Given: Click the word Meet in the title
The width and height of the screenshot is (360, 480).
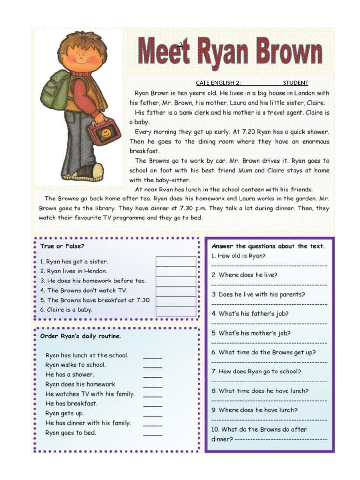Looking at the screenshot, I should (165, 51).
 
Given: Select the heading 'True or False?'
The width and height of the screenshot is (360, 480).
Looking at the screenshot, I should (62, 246).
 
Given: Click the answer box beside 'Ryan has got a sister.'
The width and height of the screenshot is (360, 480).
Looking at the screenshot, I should (176, 261).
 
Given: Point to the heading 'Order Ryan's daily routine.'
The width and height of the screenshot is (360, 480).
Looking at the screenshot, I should (81, 336).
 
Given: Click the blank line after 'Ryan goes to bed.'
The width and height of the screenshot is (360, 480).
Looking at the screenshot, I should (153, 434).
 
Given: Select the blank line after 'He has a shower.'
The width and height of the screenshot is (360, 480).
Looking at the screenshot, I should (153, 375).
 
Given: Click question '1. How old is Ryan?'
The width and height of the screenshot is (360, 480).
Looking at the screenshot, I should (239, 256).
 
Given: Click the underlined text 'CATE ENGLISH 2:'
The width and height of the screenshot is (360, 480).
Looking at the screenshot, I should (218, 83).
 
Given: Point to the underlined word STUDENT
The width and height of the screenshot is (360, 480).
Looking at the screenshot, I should (296, 83).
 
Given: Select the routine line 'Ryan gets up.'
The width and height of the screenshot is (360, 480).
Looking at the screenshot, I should (65, 413).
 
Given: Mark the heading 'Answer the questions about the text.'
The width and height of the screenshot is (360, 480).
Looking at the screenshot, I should (268, 246).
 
